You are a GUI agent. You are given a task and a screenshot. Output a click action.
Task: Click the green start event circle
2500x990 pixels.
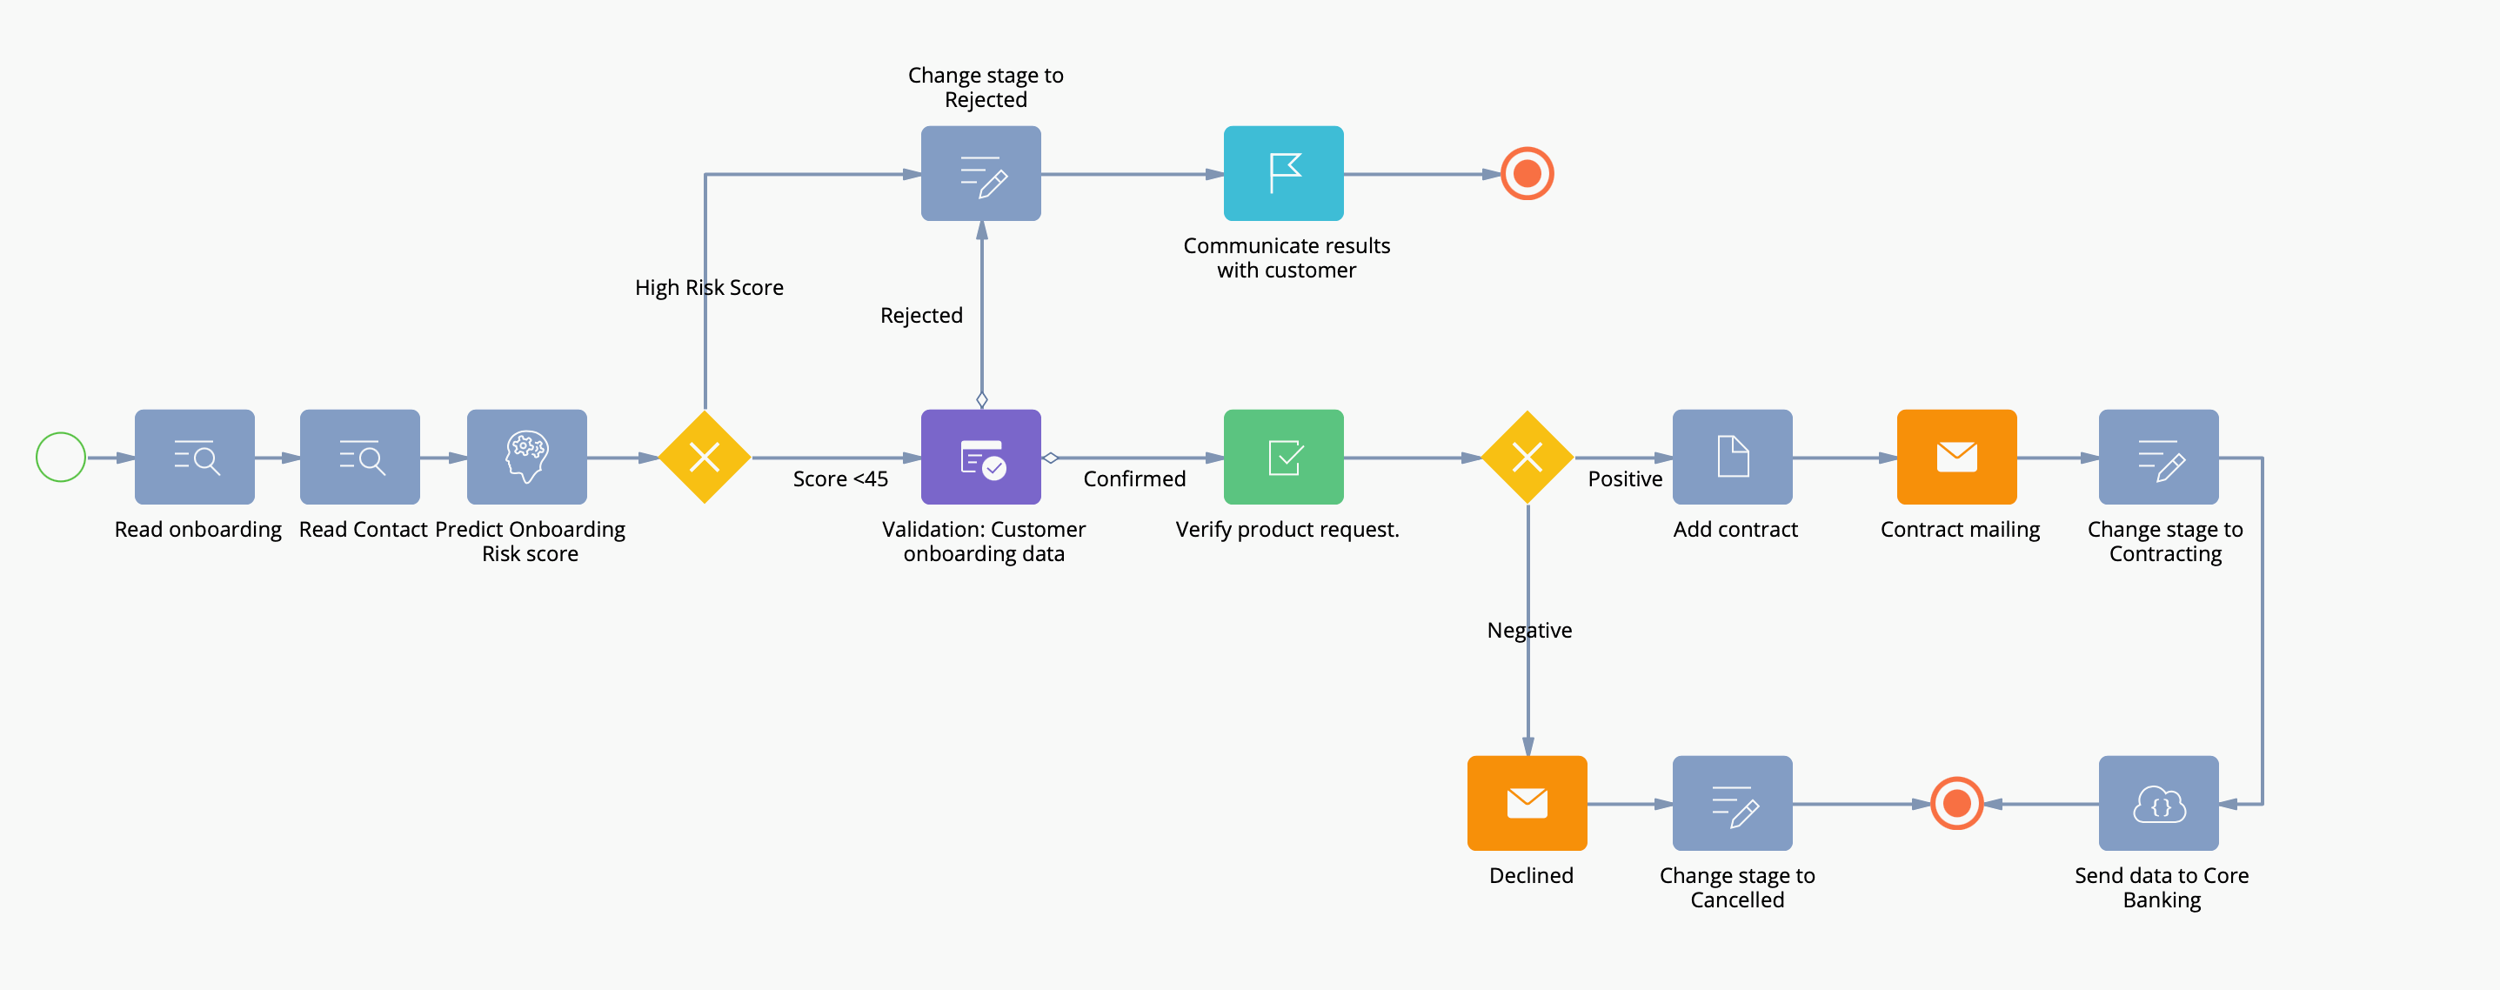coord(60,457)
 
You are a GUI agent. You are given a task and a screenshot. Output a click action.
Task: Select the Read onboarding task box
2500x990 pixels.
coord(194,457)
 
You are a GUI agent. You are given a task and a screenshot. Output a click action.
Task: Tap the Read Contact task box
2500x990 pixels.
coord(359,457)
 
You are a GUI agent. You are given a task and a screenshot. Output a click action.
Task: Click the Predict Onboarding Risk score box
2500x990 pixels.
coord(526,457)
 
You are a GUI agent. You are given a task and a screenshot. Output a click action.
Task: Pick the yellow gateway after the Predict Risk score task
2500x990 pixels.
coord(704,457)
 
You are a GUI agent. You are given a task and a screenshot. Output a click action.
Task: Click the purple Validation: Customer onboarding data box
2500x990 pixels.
coord(980,457)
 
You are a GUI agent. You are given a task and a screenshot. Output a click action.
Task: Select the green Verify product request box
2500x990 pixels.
coord(1283,457)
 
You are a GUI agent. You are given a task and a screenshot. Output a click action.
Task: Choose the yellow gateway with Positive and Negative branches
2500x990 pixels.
coord(1527,457)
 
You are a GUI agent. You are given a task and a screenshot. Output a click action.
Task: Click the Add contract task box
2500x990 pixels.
coord(1731,457)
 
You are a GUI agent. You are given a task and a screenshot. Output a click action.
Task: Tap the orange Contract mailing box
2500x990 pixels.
coord(1956,457)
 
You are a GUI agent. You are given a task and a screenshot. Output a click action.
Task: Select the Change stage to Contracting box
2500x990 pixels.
coord(2158,457)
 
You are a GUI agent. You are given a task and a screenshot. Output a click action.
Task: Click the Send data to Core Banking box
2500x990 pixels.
coord(2158,804)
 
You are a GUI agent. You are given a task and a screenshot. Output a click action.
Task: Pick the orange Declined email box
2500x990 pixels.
coord(1527,804)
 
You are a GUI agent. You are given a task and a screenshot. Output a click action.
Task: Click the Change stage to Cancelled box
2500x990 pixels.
coord(1731,804)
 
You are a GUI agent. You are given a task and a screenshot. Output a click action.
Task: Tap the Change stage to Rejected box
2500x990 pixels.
coord(980,174)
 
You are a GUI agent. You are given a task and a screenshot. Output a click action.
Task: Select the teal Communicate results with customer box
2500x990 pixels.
coord(1283,174)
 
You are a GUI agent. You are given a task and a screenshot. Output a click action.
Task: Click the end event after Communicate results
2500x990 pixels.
coord(1527,174)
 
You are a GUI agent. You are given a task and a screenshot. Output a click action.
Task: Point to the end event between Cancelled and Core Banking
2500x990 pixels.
coord(1956,804)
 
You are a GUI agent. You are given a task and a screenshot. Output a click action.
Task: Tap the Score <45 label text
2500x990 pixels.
coord(839,478)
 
